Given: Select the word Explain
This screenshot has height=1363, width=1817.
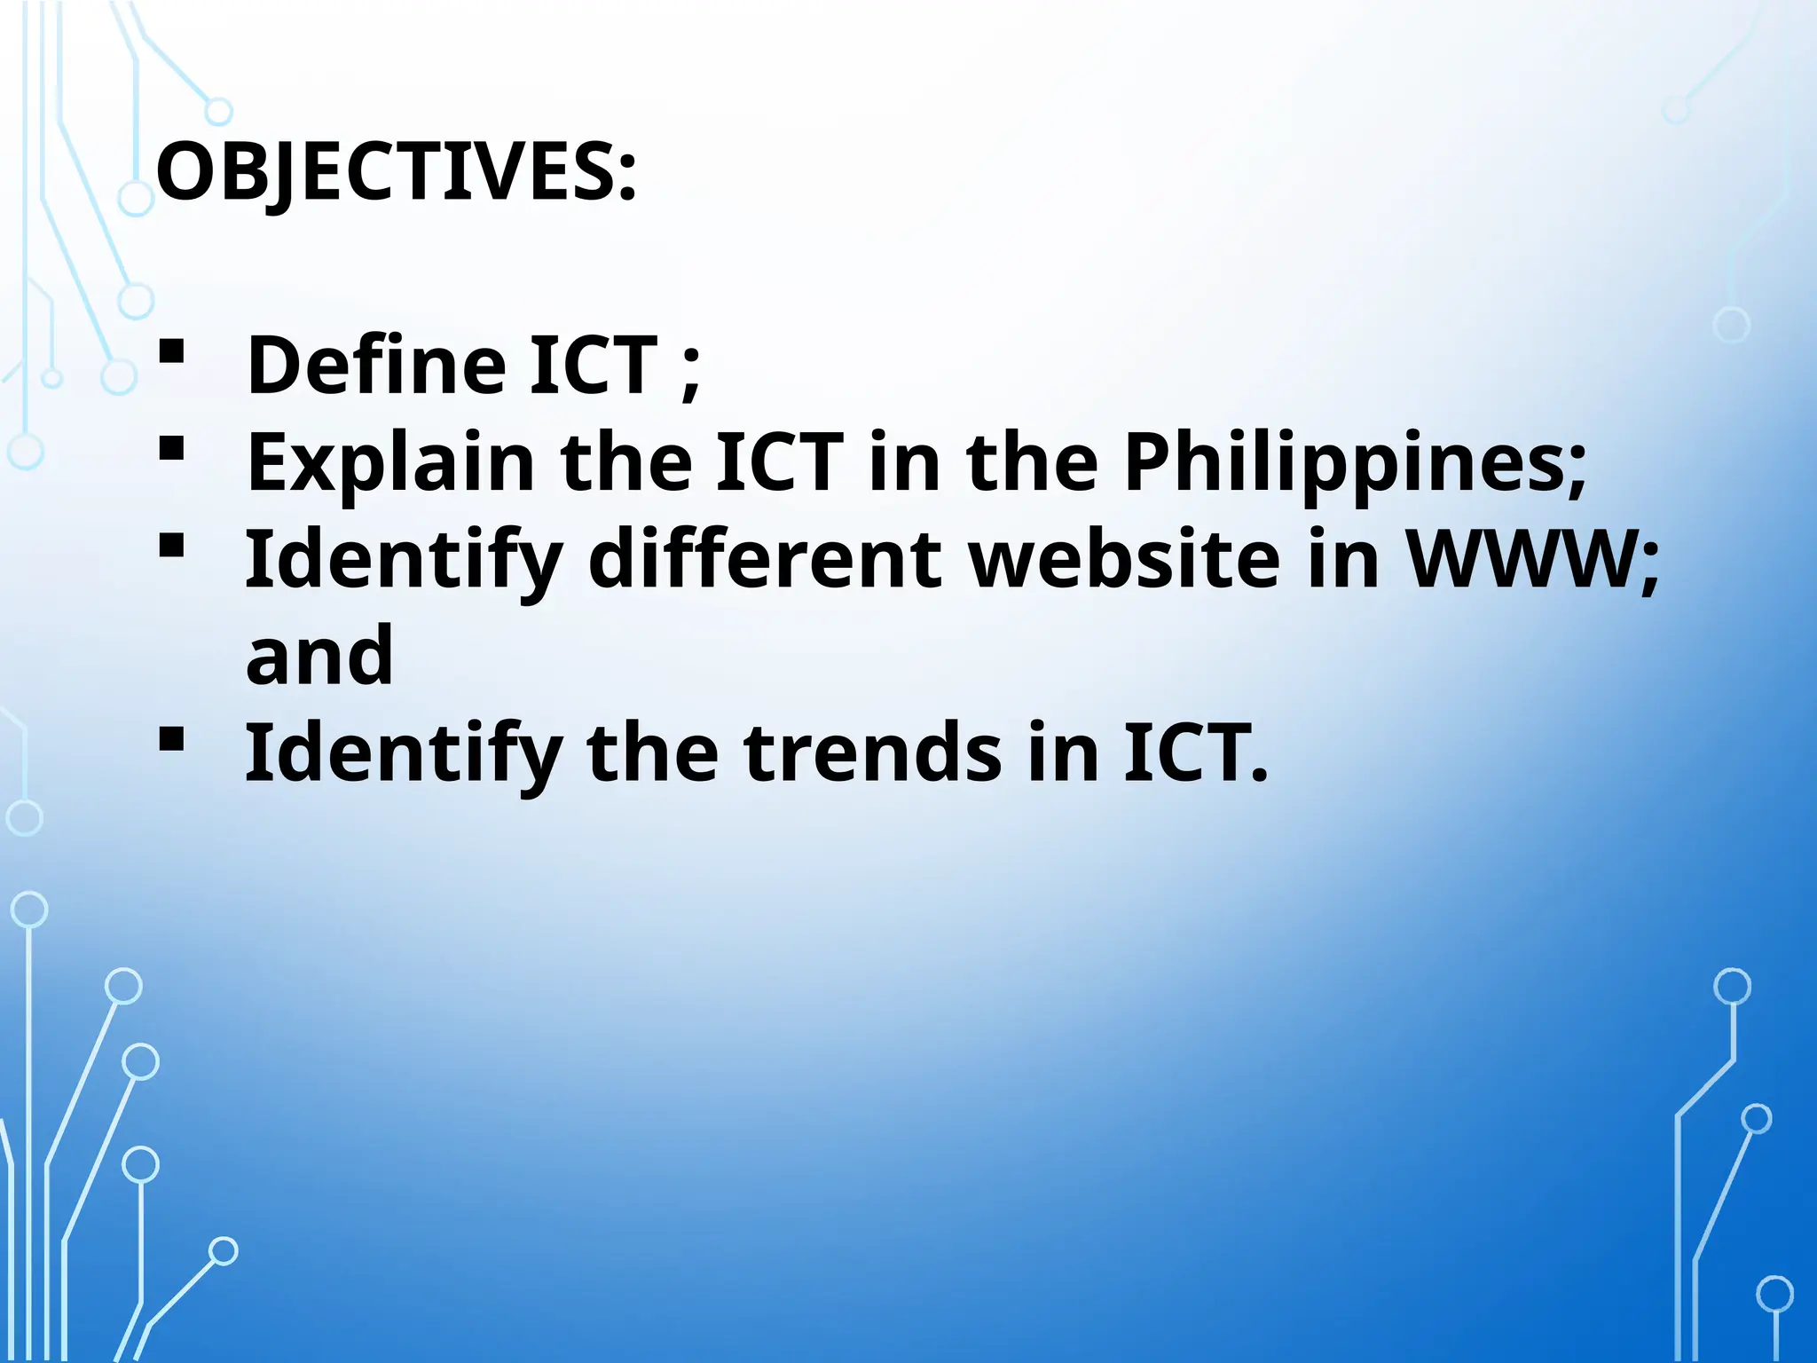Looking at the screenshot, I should (x=390, y=462).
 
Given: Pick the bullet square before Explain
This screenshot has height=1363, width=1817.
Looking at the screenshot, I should (x=171, y=448).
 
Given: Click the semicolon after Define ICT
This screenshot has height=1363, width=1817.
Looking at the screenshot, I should (x=691, y=373).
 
